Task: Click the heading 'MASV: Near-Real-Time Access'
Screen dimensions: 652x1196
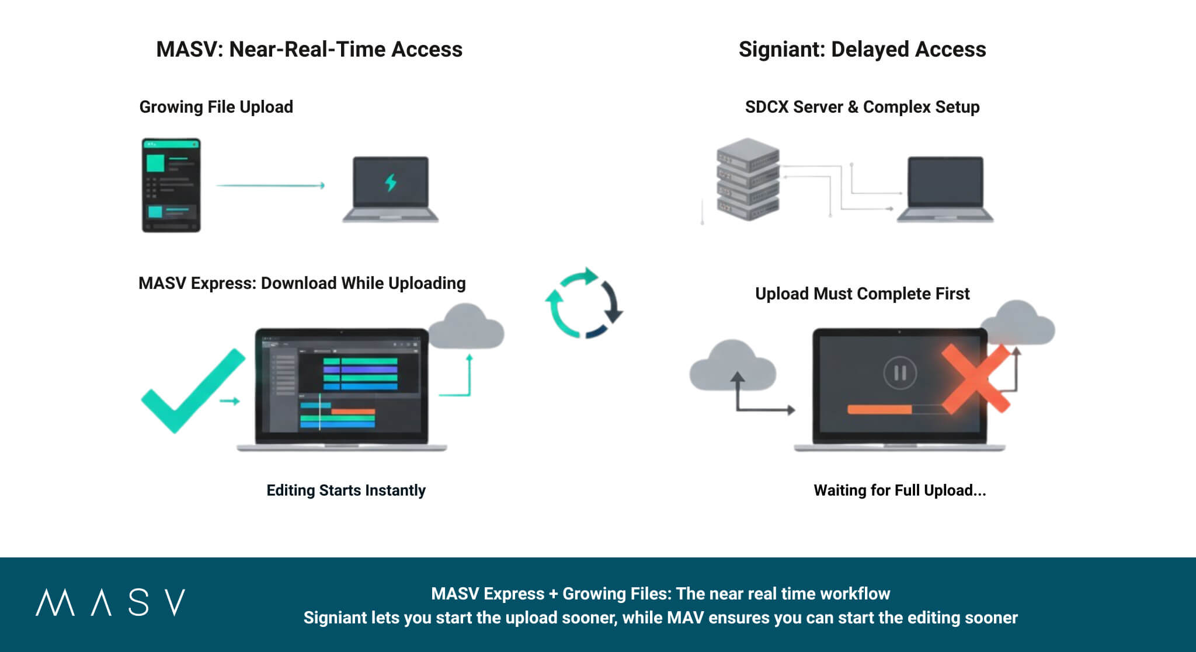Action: click(309, 50)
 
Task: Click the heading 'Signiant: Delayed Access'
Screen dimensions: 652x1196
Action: click(862, 50)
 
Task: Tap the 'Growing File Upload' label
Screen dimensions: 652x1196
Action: click(216, 107)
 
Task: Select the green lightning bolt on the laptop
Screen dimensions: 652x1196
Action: click(391, 182)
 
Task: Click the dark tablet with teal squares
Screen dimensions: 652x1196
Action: click(171, 185)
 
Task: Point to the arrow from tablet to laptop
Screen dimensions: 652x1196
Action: click(270, 186)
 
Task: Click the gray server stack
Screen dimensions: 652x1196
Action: click(747, 179)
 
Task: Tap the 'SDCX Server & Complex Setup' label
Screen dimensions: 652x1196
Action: click(862, 107)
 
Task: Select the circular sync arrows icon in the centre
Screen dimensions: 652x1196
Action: click(584, 303)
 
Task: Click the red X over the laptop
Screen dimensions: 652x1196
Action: click(975, 378)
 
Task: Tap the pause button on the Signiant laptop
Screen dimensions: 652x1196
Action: click(900, 372)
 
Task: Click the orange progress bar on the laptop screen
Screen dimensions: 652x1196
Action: click(879, 409)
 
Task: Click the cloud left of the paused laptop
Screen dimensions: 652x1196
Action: click(732, 367)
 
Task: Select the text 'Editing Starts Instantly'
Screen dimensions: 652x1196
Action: click(346, 490)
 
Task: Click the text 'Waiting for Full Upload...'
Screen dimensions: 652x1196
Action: click(899, 490)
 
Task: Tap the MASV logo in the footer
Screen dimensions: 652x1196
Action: click(110, 602)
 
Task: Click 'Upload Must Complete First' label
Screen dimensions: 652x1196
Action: click(862, 294)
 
